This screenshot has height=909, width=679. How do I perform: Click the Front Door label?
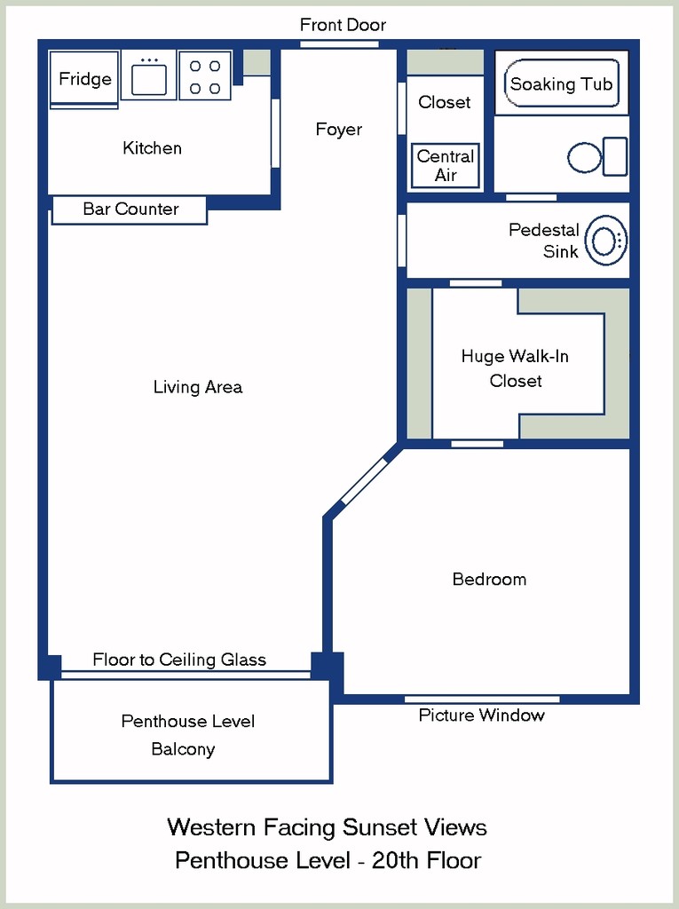tap(343, 25)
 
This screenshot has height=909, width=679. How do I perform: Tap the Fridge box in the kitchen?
tap(84, 79)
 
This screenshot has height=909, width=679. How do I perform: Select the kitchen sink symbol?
tap(149, 75)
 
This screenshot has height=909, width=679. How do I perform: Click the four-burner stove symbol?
tap(205, 75)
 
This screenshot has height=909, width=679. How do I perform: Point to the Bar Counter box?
tap(130, 209)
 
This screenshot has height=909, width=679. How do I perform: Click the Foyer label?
tap(339, 129)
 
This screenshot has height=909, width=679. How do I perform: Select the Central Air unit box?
tap(446, 166)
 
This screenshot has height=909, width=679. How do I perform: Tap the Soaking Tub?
tap(561, 83)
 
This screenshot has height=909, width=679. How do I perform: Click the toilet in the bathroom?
tap(597, 156)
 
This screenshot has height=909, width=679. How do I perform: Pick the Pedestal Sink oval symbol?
tap(606, 240)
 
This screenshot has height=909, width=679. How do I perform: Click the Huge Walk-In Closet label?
tap(515, 368)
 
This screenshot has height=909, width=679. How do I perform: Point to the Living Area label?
tap(198, 387)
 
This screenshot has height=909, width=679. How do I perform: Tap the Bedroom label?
tap(489, 579)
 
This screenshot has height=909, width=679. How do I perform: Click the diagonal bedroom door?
tap(364, 480)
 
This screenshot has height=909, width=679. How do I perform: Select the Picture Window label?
tap(481, 715)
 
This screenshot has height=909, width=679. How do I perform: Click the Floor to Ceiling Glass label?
tap(179, 660)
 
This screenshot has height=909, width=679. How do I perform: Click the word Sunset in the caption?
tap(381, 827)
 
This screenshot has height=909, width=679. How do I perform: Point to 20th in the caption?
tap(395, 860)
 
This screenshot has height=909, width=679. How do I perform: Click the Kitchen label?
tap(152, 148)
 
